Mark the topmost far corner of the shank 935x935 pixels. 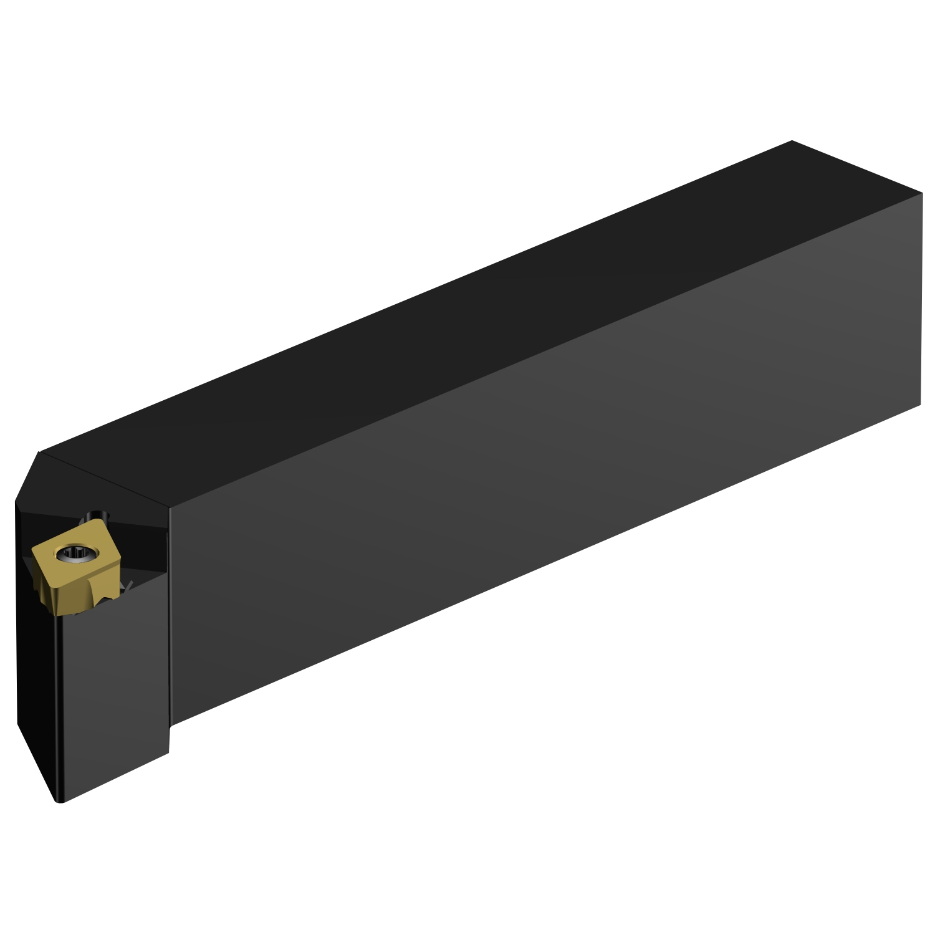point(792,141)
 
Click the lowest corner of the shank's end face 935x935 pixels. point(921,405)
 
